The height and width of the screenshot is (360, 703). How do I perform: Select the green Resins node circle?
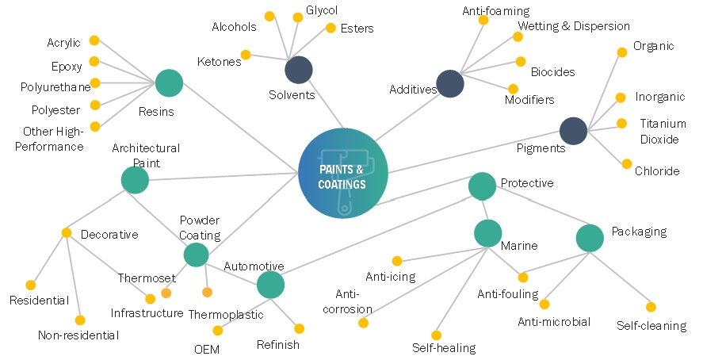(169, 82)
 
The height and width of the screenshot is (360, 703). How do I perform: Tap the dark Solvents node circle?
(299, 70)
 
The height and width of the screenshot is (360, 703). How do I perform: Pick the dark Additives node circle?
(450, 83)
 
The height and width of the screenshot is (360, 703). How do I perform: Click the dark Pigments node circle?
(573, 131)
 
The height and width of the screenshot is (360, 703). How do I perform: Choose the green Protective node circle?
(482, 186)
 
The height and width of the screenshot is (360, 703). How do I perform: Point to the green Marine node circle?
(487, 234)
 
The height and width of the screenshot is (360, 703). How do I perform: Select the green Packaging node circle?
(590, 238)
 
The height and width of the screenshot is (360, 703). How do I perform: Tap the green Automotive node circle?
(270, 285)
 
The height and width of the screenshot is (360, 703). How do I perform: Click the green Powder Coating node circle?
(196, 255)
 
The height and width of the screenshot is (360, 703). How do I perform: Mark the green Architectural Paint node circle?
(135, 180)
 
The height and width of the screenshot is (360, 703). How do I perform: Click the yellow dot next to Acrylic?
(94, 40)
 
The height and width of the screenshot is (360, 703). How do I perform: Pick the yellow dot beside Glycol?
(298, 17)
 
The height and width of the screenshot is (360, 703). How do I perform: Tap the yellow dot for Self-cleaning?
(651, 307)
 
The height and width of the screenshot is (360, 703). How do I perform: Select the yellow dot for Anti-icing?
(397, 260)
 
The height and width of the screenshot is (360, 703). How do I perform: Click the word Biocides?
(552, 72)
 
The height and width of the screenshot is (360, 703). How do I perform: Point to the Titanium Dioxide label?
(663, 132)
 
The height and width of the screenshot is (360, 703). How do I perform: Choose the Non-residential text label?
(78, 335)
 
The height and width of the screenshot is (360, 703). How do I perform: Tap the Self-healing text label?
(443, 347)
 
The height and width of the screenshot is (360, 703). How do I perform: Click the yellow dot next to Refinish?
(299, 328)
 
